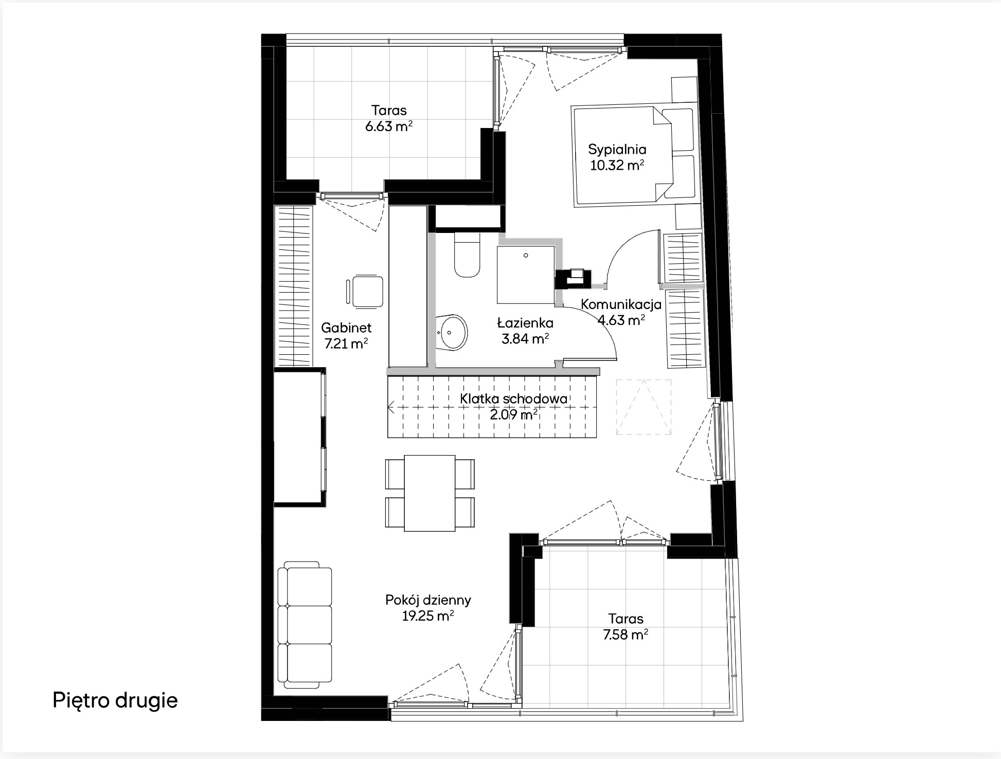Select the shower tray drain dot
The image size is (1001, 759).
point(526,256)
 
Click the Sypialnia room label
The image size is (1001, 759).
point(617,150)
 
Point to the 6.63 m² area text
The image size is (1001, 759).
point(389,126)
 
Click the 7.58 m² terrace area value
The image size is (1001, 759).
point(625,635)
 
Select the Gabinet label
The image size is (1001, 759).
point(346,328)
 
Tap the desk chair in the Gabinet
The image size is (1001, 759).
point(365,292)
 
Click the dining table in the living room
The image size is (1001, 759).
point(430,493)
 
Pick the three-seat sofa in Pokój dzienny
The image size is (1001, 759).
point(305,625)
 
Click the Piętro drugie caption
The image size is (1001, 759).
point(115,700)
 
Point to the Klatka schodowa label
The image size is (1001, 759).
point(514,399)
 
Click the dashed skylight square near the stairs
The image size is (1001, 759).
point(643,407)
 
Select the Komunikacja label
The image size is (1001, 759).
point(621,304)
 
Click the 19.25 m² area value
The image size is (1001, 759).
point(427,616)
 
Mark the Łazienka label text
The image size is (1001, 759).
point(525,323)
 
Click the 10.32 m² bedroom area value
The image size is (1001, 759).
point(617,166)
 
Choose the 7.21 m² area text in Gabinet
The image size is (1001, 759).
point(346,344)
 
